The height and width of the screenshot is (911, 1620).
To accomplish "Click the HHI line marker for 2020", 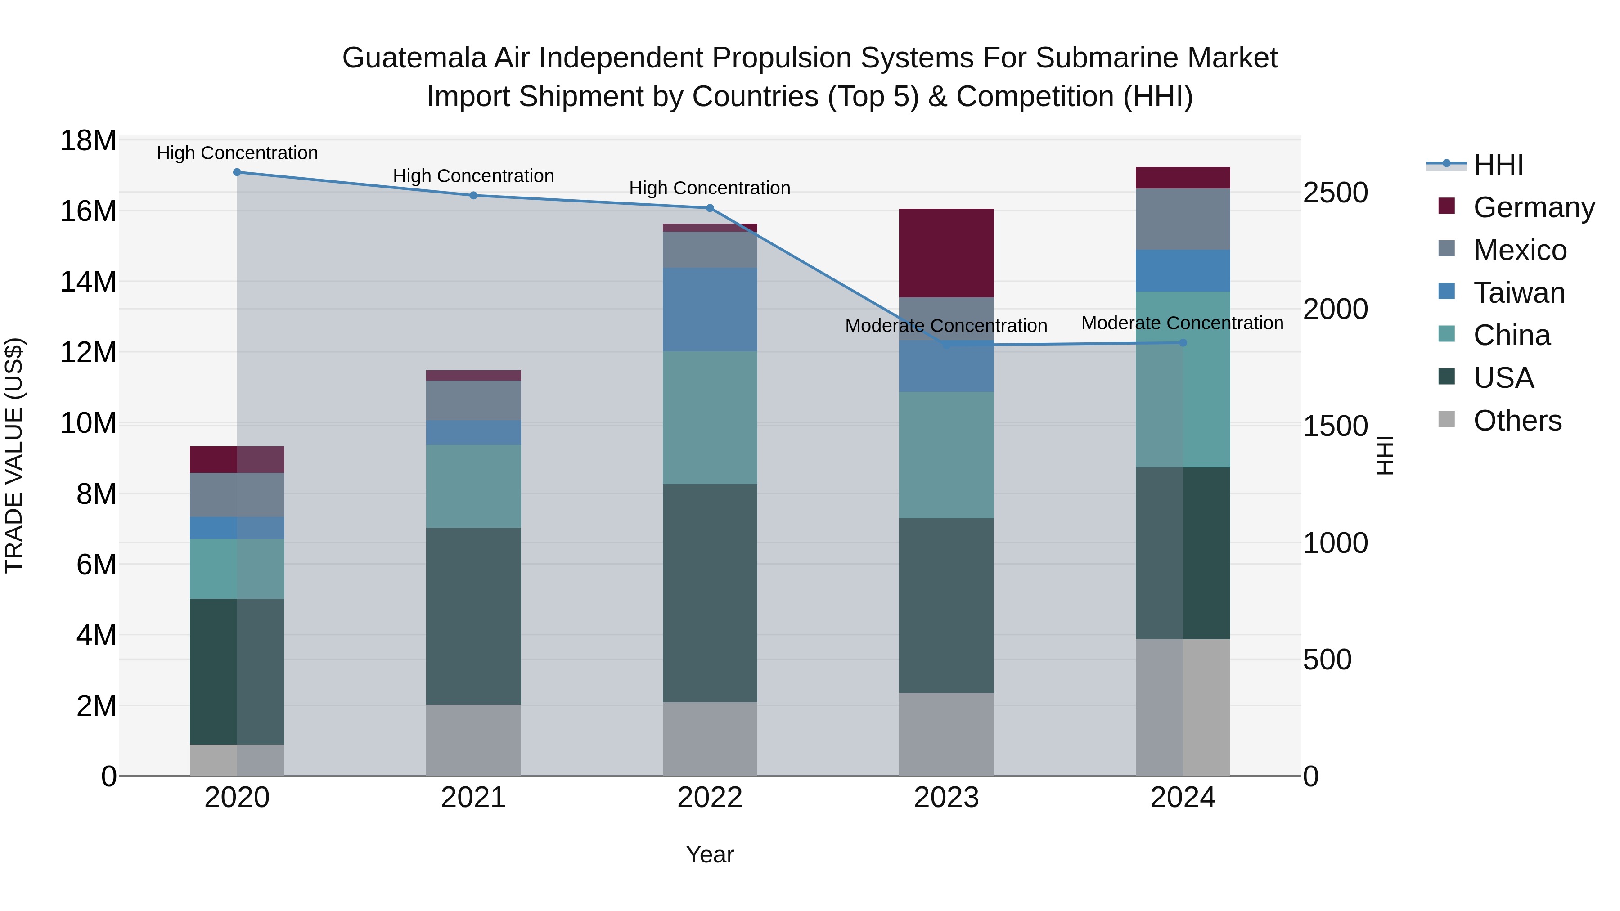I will [x=237, y=172].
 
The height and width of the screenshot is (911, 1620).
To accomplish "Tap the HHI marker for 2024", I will [x=1183, y=343].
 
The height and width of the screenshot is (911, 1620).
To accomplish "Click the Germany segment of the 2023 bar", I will [x=946, y=253].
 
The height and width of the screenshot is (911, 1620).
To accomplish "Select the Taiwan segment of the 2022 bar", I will [x=710, y=310].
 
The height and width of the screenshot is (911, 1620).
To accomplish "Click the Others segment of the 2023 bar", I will [x=946, y=734].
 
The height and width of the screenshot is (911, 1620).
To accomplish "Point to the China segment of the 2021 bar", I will [x=473, y=486].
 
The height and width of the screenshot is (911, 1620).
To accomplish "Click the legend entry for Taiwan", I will [x=1519, y=293].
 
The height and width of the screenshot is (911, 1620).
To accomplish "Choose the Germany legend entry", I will [x=1533, y=207].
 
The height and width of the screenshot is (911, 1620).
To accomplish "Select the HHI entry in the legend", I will [x=1498, y=165].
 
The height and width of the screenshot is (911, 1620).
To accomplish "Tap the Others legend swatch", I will [x=1446, y=419].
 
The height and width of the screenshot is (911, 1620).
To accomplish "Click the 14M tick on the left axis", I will [x=88, y=282].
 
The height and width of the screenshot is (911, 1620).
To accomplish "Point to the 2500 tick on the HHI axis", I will [x=1335, y=193].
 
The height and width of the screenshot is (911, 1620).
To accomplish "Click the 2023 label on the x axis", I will [x=946, y=798].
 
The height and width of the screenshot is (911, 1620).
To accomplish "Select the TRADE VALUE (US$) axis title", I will [x=14, y=455].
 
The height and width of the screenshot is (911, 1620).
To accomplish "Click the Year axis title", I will [x=710, y=854].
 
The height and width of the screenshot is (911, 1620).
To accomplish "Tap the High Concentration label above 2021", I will [x=473, y=176].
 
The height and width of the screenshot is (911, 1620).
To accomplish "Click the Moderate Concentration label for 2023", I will [x=946, y=326].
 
